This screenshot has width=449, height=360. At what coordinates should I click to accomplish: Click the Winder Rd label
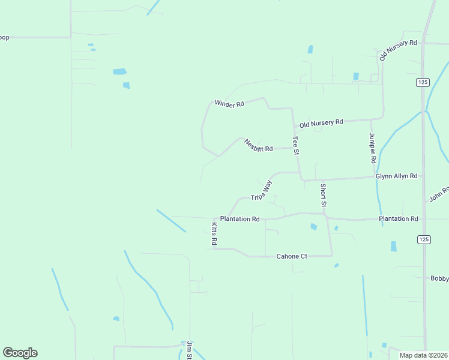tap(229, 103)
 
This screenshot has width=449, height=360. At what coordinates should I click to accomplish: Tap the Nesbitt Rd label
tap(259, 145)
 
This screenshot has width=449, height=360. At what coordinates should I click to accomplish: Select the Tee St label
tap(295, 146)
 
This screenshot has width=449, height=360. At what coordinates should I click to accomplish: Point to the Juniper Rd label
tap(372, 148)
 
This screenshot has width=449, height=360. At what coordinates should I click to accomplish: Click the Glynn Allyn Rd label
tap(396, 176)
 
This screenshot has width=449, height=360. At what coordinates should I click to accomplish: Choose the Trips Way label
tap(261, 189)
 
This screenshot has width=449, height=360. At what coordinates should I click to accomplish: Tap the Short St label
tap(323, 196)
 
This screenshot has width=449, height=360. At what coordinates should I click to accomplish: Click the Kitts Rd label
tap(214, 233)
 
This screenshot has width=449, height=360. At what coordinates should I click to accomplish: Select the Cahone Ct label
tap(292, 256)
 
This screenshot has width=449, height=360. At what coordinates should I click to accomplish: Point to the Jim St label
tap(188, 350)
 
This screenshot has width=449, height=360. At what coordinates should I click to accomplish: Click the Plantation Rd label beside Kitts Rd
tap(240, 219)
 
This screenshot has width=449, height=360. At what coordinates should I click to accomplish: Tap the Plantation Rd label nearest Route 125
tap(398, 219)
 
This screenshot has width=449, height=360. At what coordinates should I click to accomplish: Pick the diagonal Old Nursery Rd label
tap(397, 50)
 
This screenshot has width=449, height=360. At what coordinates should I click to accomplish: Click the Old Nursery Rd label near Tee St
tap(321, 123)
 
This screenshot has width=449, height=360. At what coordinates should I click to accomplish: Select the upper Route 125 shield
tap(423, 82)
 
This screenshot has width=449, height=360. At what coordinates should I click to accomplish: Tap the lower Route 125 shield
tap(423, 239)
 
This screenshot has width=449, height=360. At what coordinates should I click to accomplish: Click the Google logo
tap(20, 353)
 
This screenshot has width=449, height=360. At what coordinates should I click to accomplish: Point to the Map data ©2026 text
tap(423, 355)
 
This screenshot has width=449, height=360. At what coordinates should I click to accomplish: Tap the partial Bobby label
tap(439, 278)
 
